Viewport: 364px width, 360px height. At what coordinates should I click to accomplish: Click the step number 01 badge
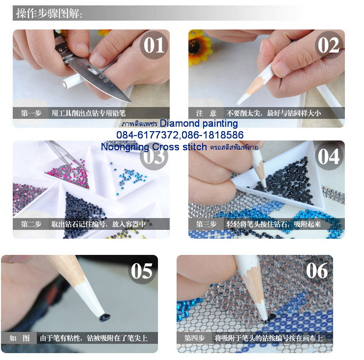(154, 45)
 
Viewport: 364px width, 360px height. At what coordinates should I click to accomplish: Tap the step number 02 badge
(328, 45)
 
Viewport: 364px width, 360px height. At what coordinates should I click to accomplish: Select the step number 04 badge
(328, 156)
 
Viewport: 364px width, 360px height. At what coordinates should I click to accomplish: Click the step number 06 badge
(316, 271)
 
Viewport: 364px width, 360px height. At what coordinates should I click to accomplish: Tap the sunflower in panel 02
(199, 47)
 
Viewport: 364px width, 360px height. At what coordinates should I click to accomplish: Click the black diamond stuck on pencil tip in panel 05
(104, 317)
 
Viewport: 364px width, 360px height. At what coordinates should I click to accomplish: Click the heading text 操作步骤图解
(49, 13)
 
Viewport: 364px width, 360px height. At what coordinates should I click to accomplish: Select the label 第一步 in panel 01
(31, 113)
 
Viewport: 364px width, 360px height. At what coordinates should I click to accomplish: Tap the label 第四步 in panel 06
(195, 338)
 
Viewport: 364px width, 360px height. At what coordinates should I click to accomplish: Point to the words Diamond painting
(199, 124)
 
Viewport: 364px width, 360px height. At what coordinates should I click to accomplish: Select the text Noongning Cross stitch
(154, 147)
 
